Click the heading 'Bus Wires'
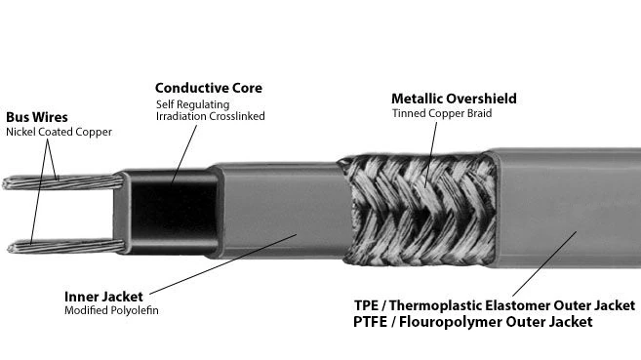click(37, 117)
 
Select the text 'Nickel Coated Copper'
click(59, 132)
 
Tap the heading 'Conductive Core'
click(209, 88)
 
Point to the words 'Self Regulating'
click(192, 104)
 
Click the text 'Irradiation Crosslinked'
click(210, 116)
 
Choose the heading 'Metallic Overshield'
click(454, 99)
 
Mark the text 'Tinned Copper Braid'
click(442, 113)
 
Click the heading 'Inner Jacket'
click(103, 297)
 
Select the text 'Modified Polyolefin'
click(111, 310)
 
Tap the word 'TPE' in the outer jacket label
click(366, 305)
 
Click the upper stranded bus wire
click(62, 181)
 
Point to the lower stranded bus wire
click(65, 247)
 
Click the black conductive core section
click(174, 213)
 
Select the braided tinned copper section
click(419, 210)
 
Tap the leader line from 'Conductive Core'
click(184, 154)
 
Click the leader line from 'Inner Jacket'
click(223, 264)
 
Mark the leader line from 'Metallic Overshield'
click(431, 155)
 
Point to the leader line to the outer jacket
click(544, 264)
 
